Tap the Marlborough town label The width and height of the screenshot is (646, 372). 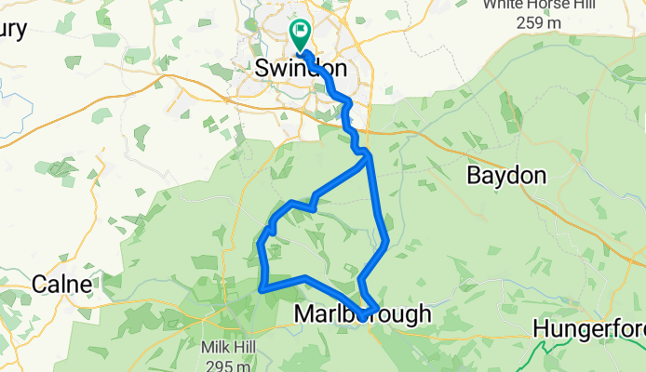pyautogui.click(x=363, y=314)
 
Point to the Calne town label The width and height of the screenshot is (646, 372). pyautogui.click(x=61, y=283)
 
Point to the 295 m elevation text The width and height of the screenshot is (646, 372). pyautogui.click(x=226, y=363)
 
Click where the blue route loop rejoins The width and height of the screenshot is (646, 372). pyautogui.click(x=368, y=155)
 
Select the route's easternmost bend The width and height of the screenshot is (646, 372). pyautogui.click(x=385, y=243)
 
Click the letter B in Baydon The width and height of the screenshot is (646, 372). pyautogui.click(x=472, y=175)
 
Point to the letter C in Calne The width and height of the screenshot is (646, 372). pyautogui.click(x=40, y=283)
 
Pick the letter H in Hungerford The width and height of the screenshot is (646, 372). pyautogui.click(x=541, y=328)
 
